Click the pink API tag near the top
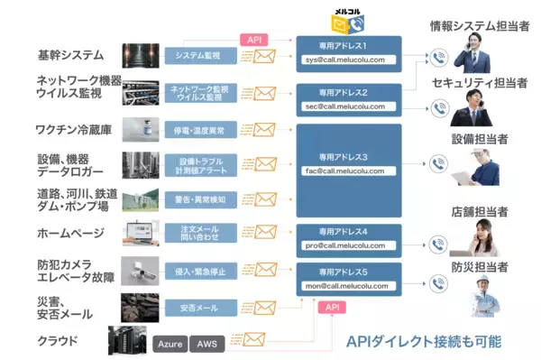[254, 40]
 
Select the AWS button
[207, 344]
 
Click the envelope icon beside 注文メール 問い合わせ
[265, 234]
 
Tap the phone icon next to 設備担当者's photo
[438, 163]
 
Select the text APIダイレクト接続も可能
[424, 342]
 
